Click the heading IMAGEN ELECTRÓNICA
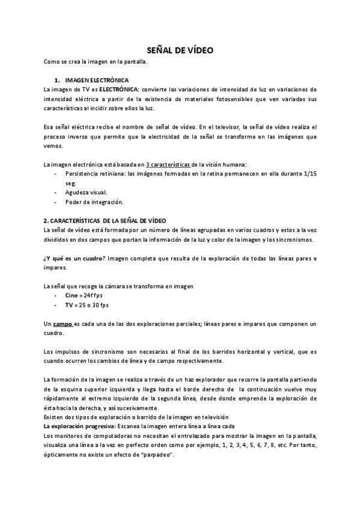point(96,79)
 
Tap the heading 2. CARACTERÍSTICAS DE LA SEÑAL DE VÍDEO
point(109,221)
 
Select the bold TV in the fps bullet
point(69,305)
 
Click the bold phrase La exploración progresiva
point(81,425)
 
